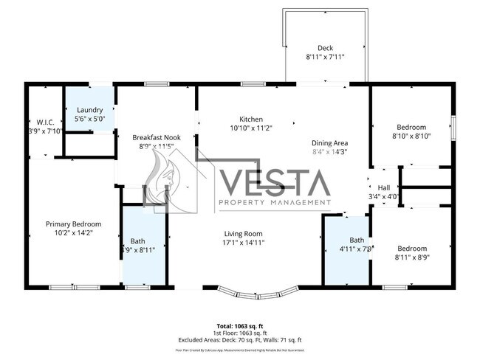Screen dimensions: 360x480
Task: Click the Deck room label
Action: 325,48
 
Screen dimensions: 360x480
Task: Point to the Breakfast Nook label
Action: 157,137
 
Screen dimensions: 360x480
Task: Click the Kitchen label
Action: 250,120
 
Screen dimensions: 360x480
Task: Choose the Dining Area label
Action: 329,143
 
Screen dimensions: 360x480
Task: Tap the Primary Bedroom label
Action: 73,224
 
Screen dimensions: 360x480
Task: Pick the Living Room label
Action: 244,234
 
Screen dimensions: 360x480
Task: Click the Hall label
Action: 384,188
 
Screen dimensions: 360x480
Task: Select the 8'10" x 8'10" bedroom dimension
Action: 411,136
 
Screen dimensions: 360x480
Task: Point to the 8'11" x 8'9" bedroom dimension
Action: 411,258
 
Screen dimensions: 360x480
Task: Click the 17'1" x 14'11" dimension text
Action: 244,243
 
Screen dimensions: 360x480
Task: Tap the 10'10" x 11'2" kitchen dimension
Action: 250,128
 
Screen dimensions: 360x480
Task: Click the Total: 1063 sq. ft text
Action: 239,325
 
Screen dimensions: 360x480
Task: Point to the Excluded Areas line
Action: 239,340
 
